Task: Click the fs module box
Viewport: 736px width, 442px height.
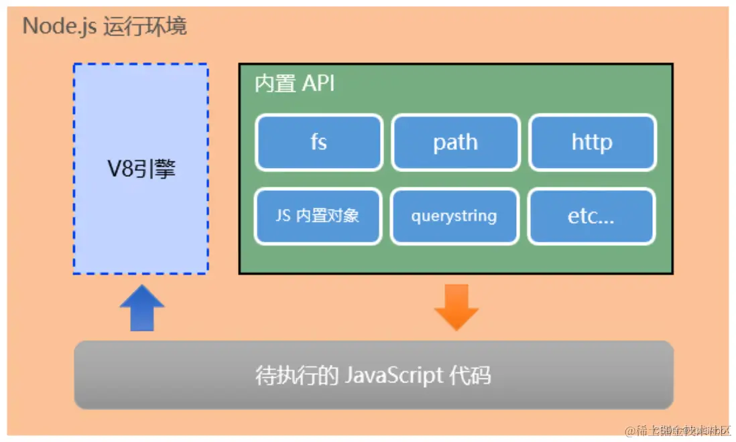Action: [318, 142]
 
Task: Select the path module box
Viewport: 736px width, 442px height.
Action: [455, 142]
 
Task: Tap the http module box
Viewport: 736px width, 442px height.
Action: [592, 142]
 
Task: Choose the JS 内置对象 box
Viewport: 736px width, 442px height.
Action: [318, 216]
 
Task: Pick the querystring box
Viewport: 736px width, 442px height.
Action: [454, 216]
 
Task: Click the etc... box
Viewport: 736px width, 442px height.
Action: [591, 216]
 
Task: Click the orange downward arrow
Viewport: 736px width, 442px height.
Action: [456, 307]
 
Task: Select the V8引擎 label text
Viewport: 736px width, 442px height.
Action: [141, 169]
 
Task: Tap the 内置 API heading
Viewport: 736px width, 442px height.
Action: [294, 84]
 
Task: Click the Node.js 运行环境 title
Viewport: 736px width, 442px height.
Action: [105, 26]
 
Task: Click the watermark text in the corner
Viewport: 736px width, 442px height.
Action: [677, 431]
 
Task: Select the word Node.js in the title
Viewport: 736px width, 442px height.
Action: [60, 26]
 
